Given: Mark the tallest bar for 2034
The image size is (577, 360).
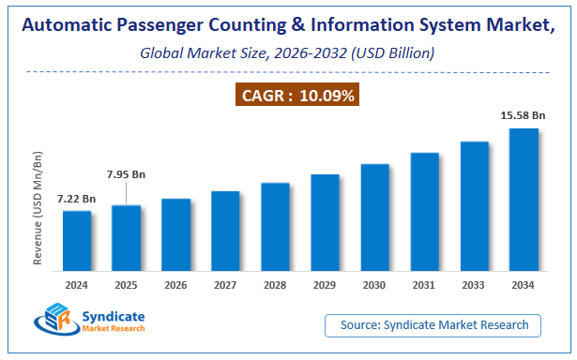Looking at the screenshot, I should point(524,201).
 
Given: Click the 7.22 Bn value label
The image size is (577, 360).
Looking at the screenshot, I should point(76,199).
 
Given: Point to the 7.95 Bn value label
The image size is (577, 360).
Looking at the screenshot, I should point(126,173).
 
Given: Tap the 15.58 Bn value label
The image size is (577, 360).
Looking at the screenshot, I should point(523,115).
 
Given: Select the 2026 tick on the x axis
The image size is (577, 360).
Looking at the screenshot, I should point(175,285).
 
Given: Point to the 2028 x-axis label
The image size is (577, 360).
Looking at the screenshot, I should point(275,285).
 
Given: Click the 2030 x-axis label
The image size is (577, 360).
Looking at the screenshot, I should point(374,285).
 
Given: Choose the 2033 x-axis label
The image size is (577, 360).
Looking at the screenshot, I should point(474,285).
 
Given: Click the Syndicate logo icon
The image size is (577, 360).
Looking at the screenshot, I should point(53,322).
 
